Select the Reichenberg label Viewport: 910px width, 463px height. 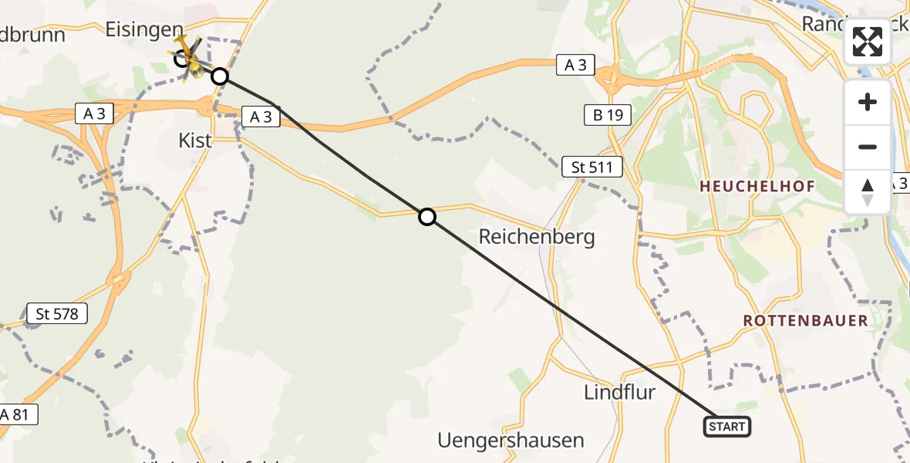point(537,236)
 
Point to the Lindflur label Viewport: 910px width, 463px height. point(619,392)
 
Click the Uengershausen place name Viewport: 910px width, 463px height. point(511,441)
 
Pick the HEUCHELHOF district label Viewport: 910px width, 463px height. point(757,187)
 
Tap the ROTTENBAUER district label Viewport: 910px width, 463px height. point(805,320)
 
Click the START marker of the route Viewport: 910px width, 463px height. point(726,427)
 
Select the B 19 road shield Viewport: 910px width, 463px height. point(607,116)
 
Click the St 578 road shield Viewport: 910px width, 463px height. point(57,313)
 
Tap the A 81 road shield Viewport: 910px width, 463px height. point(15,414)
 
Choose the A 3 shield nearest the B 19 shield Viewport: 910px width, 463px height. point(575,66)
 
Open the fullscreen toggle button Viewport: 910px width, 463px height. point(868,42)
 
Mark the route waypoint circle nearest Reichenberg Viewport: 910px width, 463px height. point(427,217)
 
